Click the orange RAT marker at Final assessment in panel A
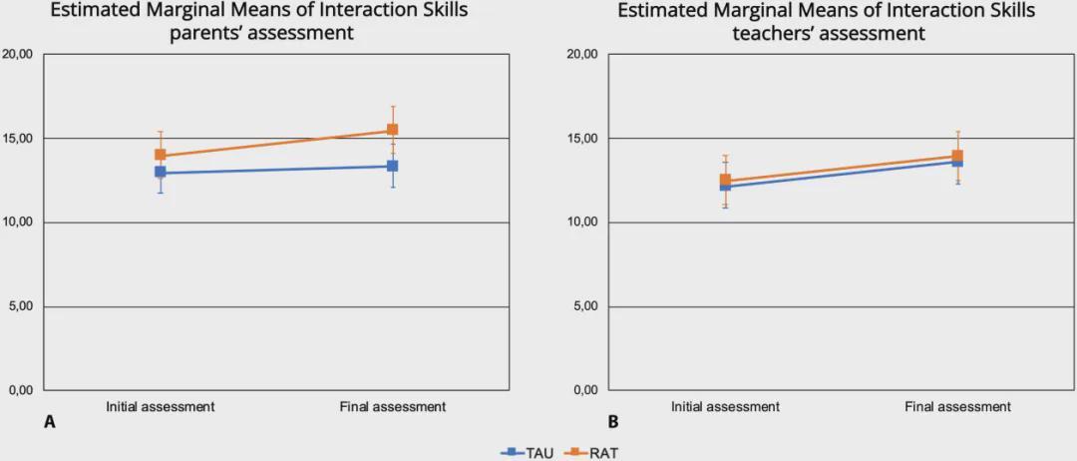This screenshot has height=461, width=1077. pyautogui.click(x=392, y=131)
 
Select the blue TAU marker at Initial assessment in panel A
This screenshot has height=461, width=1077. pyautogui.click(x=161, y=173)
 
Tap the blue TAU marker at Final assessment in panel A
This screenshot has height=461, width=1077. pyautogui.click(x=392, y=166)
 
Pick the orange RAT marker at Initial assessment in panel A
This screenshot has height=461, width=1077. pyautogui.click(x=160, y=155)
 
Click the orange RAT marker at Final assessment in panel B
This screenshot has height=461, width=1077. pyautogui.click(x=957, y=156)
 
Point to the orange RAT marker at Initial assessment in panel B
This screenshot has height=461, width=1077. pyautogui.click(x=725, y=181)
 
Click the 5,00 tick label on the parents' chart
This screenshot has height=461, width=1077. pyautogui.click(x=20, y=306)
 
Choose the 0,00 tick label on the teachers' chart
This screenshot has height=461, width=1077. pyautogui.click(x=585, y=390)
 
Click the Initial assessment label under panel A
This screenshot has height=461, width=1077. pyautogui.click(x=161, y=407)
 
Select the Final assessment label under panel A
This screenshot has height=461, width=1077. pyautogui.click(x=392, y=407)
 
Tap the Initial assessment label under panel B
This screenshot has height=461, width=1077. pyautogui.click(x=725, y=407)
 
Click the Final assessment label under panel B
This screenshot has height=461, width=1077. pyautogui.click(x=957, y=407)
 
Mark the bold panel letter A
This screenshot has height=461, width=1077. pyautogui.click(x=49, y=423)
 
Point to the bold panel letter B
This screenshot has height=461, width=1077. pyautogui.click(x=613, y=423)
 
